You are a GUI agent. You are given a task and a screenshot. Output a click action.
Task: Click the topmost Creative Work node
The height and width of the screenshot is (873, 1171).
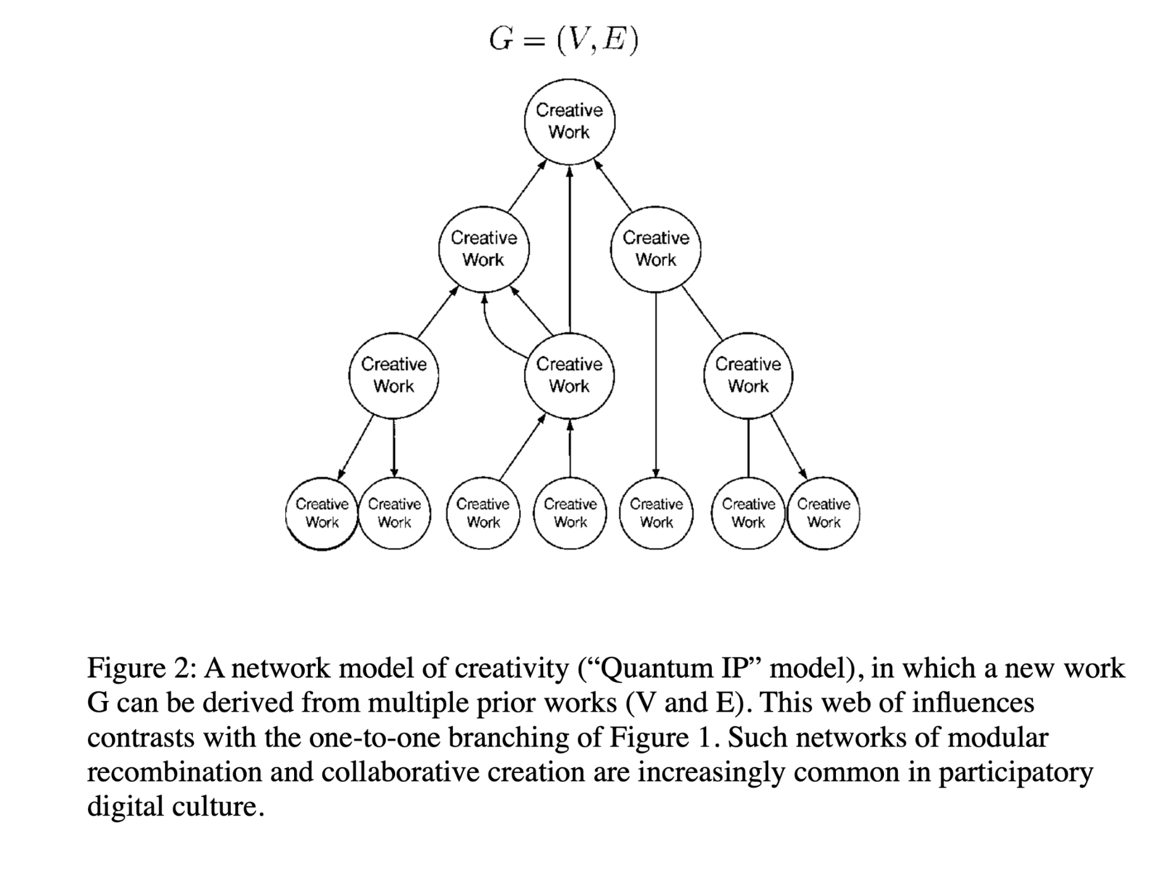coord(569,121)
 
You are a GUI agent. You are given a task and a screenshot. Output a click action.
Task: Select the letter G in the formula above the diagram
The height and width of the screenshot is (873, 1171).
coord(501,40)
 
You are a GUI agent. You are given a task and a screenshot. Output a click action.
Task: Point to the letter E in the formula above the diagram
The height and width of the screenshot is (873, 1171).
coord(613,40)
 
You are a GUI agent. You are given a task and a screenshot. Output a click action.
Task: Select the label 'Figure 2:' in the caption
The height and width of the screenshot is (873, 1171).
coord(142,669)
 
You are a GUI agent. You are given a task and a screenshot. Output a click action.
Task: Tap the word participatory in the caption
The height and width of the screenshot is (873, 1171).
coord(1015,773)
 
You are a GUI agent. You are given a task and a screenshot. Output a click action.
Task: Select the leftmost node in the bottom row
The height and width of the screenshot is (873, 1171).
coord(322,513)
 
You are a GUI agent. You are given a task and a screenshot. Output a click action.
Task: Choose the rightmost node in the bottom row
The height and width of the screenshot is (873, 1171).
coord(823,513)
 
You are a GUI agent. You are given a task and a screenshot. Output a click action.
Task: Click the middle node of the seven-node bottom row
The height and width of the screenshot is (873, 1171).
coord(570,513)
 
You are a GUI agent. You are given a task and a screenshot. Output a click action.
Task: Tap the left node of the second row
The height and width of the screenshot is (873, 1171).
coord(484,249)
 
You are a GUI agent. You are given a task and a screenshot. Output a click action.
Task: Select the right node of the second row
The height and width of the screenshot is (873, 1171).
coord(656,249)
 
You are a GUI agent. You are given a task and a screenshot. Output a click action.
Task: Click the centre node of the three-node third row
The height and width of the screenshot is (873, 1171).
coord(569,375)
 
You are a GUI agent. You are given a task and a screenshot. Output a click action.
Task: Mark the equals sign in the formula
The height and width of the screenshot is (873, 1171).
coord(535,42)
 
